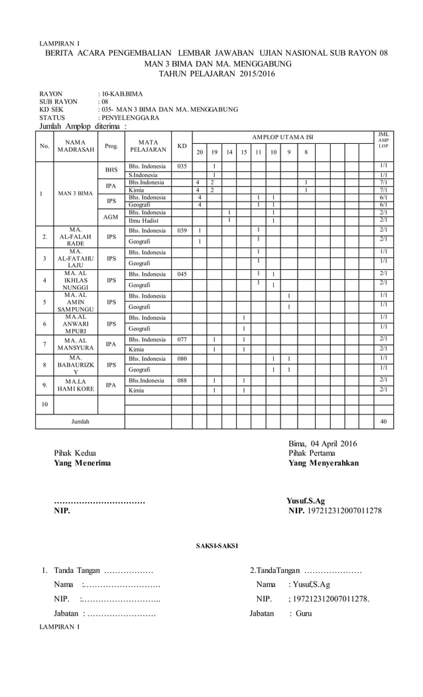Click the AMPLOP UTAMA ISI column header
point(282,137)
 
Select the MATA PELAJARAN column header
point(148,145)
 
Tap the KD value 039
point(182,231)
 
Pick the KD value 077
point(182,340)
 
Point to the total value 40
point(383,421)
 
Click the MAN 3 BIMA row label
point(74,194)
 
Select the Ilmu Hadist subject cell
point(143,220)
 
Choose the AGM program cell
point(111,216)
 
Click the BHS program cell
point(111,170)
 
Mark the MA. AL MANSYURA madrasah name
point(74,344)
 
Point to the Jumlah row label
point(80,421)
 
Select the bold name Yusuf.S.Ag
point(306,501)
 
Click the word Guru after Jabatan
point(304,613)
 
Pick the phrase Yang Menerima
point(83,463)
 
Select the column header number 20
point(200,151)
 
